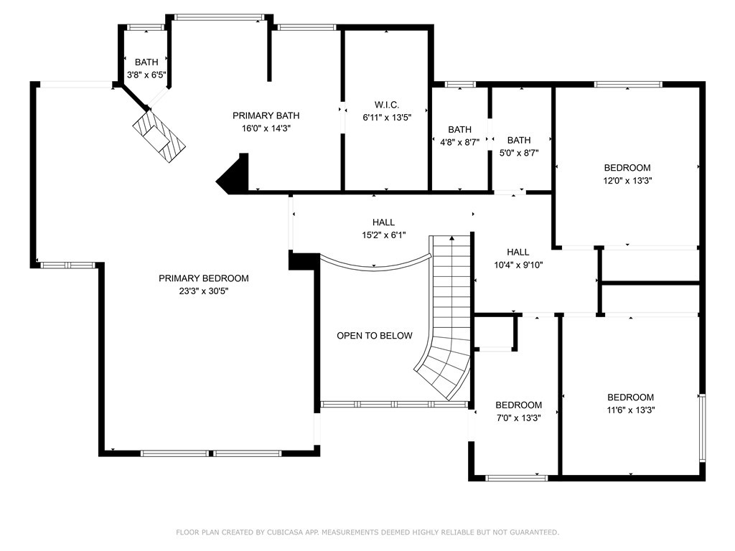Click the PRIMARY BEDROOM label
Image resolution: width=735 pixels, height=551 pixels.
coord(203,278)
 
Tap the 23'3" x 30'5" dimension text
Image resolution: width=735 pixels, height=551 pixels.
coord(203,291)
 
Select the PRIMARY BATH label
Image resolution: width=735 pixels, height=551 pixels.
coord(266,116)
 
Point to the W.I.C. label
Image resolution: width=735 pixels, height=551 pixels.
coord(387,105)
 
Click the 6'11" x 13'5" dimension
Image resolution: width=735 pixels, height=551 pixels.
coord(387,118)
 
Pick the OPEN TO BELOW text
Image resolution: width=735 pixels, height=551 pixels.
coord(375,336)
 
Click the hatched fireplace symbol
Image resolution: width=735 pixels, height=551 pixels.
coord(159,136)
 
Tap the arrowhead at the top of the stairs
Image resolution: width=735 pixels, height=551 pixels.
coord(452,238)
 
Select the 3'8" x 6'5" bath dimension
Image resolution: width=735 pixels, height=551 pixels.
coord(146,75)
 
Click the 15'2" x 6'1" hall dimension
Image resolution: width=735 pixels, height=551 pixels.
coord(383,235)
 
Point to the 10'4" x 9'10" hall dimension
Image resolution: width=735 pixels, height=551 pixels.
coord(518,265)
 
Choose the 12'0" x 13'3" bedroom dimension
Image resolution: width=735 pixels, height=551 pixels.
coord(627,180)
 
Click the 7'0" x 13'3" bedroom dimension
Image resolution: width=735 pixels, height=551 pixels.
coord(518,418)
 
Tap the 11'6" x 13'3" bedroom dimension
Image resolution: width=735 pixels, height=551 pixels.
coord(630,410)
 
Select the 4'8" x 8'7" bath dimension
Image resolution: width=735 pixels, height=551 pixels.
coord(459,142)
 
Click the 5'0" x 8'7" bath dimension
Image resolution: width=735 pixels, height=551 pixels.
coord(519,153)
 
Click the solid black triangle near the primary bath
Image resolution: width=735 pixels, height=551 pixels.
coord(233,174)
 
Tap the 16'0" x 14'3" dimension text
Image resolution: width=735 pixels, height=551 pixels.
coord(266,128)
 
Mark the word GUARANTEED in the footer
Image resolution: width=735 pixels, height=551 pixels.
coord(535,532)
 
